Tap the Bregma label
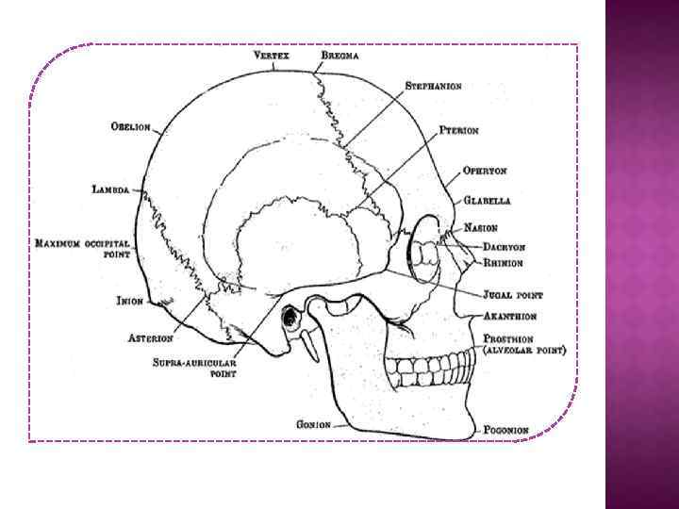click(x=339, y=56)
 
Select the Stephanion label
click(x=433, y=86)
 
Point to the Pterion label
click(x=461, y=131)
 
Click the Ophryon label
click(x=485, y=172)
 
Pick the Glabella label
click(x=487, y=201)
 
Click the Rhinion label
click(x=504, y=263)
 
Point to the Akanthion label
click(x=511, y=317)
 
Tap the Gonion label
click(x=313, y=424)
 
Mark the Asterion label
click(x=151, y=337)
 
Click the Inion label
click(x=129, y=302)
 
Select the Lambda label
click(x=110, y=189)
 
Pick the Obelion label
click(x=130, y=126)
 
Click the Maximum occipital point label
click(x=82, y=249)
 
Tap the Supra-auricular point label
click(x=196, y=367)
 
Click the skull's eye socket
click(x=426, y=250)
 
